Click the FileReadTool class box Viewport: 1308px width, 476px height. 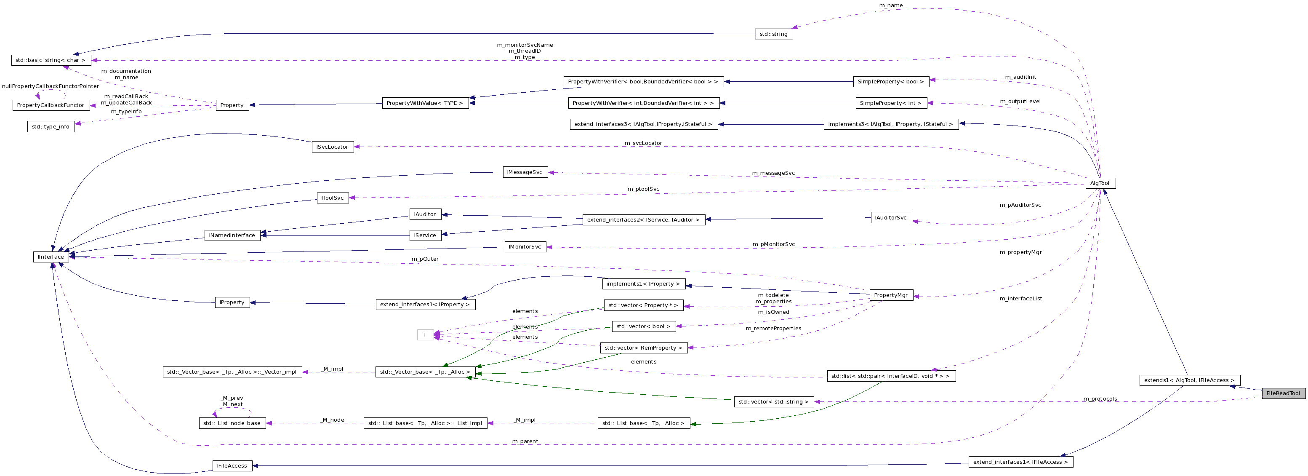[x=1283, y=393]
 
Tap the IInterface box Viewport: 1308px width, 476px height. [x=51, y=257]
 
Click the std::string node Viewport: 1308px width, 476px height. [x=773, y=34]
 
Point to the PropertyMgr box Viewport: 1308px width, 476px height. [x=891, y=295]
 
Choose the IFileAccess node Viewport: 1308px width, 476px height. [x=232, y=465]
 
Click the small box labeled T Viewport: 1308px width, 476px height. [x=425, y=335]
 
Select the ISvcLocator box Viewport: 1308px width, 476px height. [x=333, y=147]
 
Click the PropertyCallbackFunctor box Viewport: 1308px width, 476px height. [x=51, y=105]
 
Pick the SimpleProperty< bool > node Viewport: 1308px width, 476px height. [x=891, y=81]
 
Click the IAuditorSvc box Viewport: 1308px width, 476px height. [x=891, y=217]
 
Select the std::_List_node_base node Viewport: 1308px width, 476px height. [x=232, y=423]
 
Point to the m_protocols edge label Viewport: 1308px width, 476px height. [x=1100, y=399]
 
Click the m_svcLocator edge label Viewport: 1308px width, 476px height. [x=643, y=143]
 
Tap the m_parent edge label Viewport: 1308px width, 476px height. [x=525, y=441]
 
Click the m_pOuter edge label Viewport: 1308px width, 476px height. [x=425, y=259]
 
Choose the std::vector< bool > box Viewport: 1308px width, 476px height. [x=643, y=326]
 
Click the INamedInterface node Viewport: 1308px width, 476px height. [x=232, y=235]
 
